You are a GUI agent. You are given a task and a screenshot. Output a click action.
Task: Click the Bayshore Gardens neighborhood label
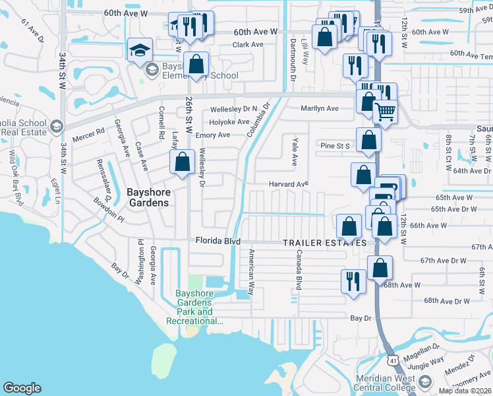click(x=148, y=197)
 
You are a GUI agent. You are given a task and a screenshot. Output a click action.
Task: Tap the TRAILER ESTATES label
click(x=325, y=243)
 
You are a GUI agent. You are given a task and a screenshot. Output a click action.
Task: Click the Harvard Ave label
click(x=288, y=184)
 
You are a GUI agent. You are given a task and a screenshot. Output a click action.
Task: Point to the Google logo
click(x=22, y=388)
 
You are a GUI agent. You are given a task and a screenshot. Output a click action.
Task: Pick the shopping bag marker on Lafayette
click(x=182, y=162)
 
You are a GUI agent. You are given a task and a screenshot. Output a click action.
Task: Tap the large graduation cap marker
click(x=140, y=50)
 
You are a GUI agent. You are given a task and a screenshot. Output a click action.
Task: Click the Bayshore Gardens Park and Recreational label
click(x=196, y=308)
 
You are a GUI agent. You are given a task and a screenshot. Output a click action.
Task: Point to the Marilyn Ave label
click(x=320, y=108)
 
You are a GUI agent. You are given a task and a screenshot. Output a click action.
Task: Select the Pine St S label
click(x=335, y=145)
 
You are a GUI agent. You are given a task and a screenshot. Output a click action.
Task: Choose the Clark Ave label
click(x=247, y=45)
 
